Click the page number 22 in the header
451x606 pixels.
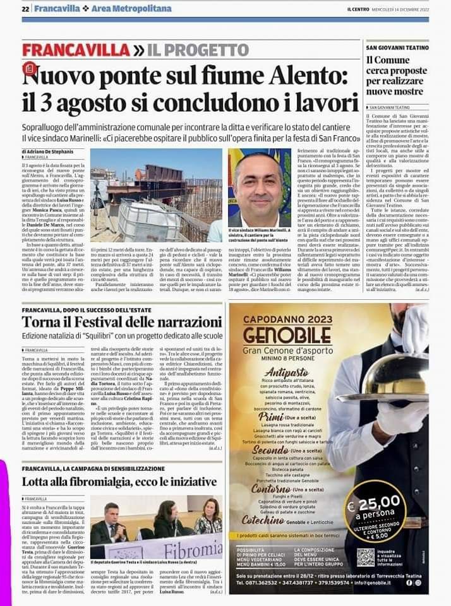point(26,9)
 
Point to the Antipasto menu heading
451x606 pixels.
point(287,372)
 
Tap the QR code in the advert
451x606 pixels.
point(365,557)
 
